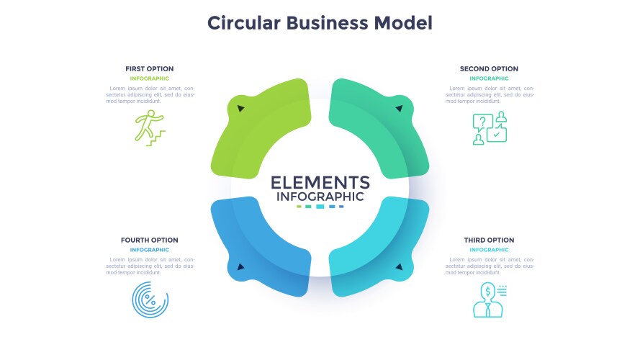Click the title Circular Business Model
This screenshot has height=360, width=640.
tap(320, 23)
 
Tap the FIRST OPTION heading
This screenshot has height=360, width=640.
tap(149, 69)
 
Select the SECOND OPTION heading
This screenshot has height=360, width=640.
tap(489, 69)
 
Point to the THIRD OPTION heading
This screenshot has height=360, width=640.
tap(490, 240)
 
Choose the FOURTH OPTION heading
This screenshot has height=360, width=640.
tap(149, 240)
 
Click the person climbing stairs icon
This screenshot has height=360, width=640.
tap(150, 128)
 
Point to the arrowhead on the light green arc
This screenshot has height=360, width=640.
tap(240, 109)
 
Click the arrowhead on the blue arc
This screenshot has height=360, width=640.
tap(240, 267)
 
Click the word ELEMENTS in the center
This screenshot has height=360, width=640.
tap(320, 182)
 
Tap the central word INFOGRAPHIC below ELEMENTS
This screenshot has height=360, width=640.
tap(320, 197)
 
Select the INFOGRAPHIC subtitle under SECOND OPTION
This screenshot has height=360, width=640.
tap(489, 78)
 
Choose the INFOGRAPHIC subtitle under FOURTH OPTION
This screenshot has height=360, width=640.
tap(149, 250)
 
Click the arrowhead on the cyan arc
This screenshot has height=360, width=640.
tap(398, 267)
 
